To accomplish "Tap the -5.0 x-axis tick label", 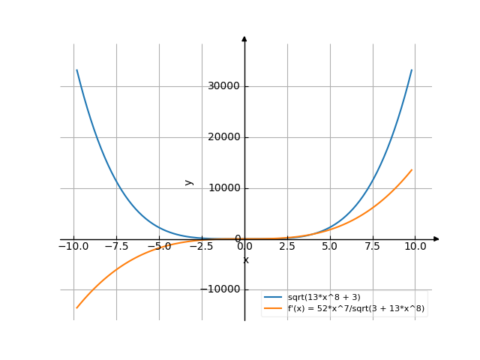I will (x=157, y=246).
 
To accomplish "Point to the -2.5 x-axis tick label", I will (x=200, y=246).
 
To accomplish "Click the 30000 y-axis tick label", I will (x=224, y=86).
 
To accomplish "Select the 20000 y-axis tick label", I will (x=224, y=137).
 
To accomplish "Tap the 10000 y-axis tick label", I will (x=224, y=188).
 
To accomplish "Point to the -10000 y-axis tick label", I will (x=222, y=289).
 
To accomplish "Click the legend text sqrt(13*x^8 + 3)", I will (x=328, y=298).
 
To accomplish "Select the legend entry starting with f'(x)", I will (x=356, y=308).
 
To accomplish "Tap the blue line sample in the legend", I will (x=274, y=298).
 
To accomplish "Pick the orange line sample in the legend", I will (x=274, y=308).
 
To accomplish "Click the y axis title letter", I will (x=189, y=182).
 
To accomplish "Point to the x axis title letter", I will (x=245, y=260).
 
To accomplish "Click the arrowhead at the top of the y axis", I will (x=244, y=38).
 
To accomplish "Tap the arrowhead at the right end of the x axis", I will (x=436, y=238).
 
